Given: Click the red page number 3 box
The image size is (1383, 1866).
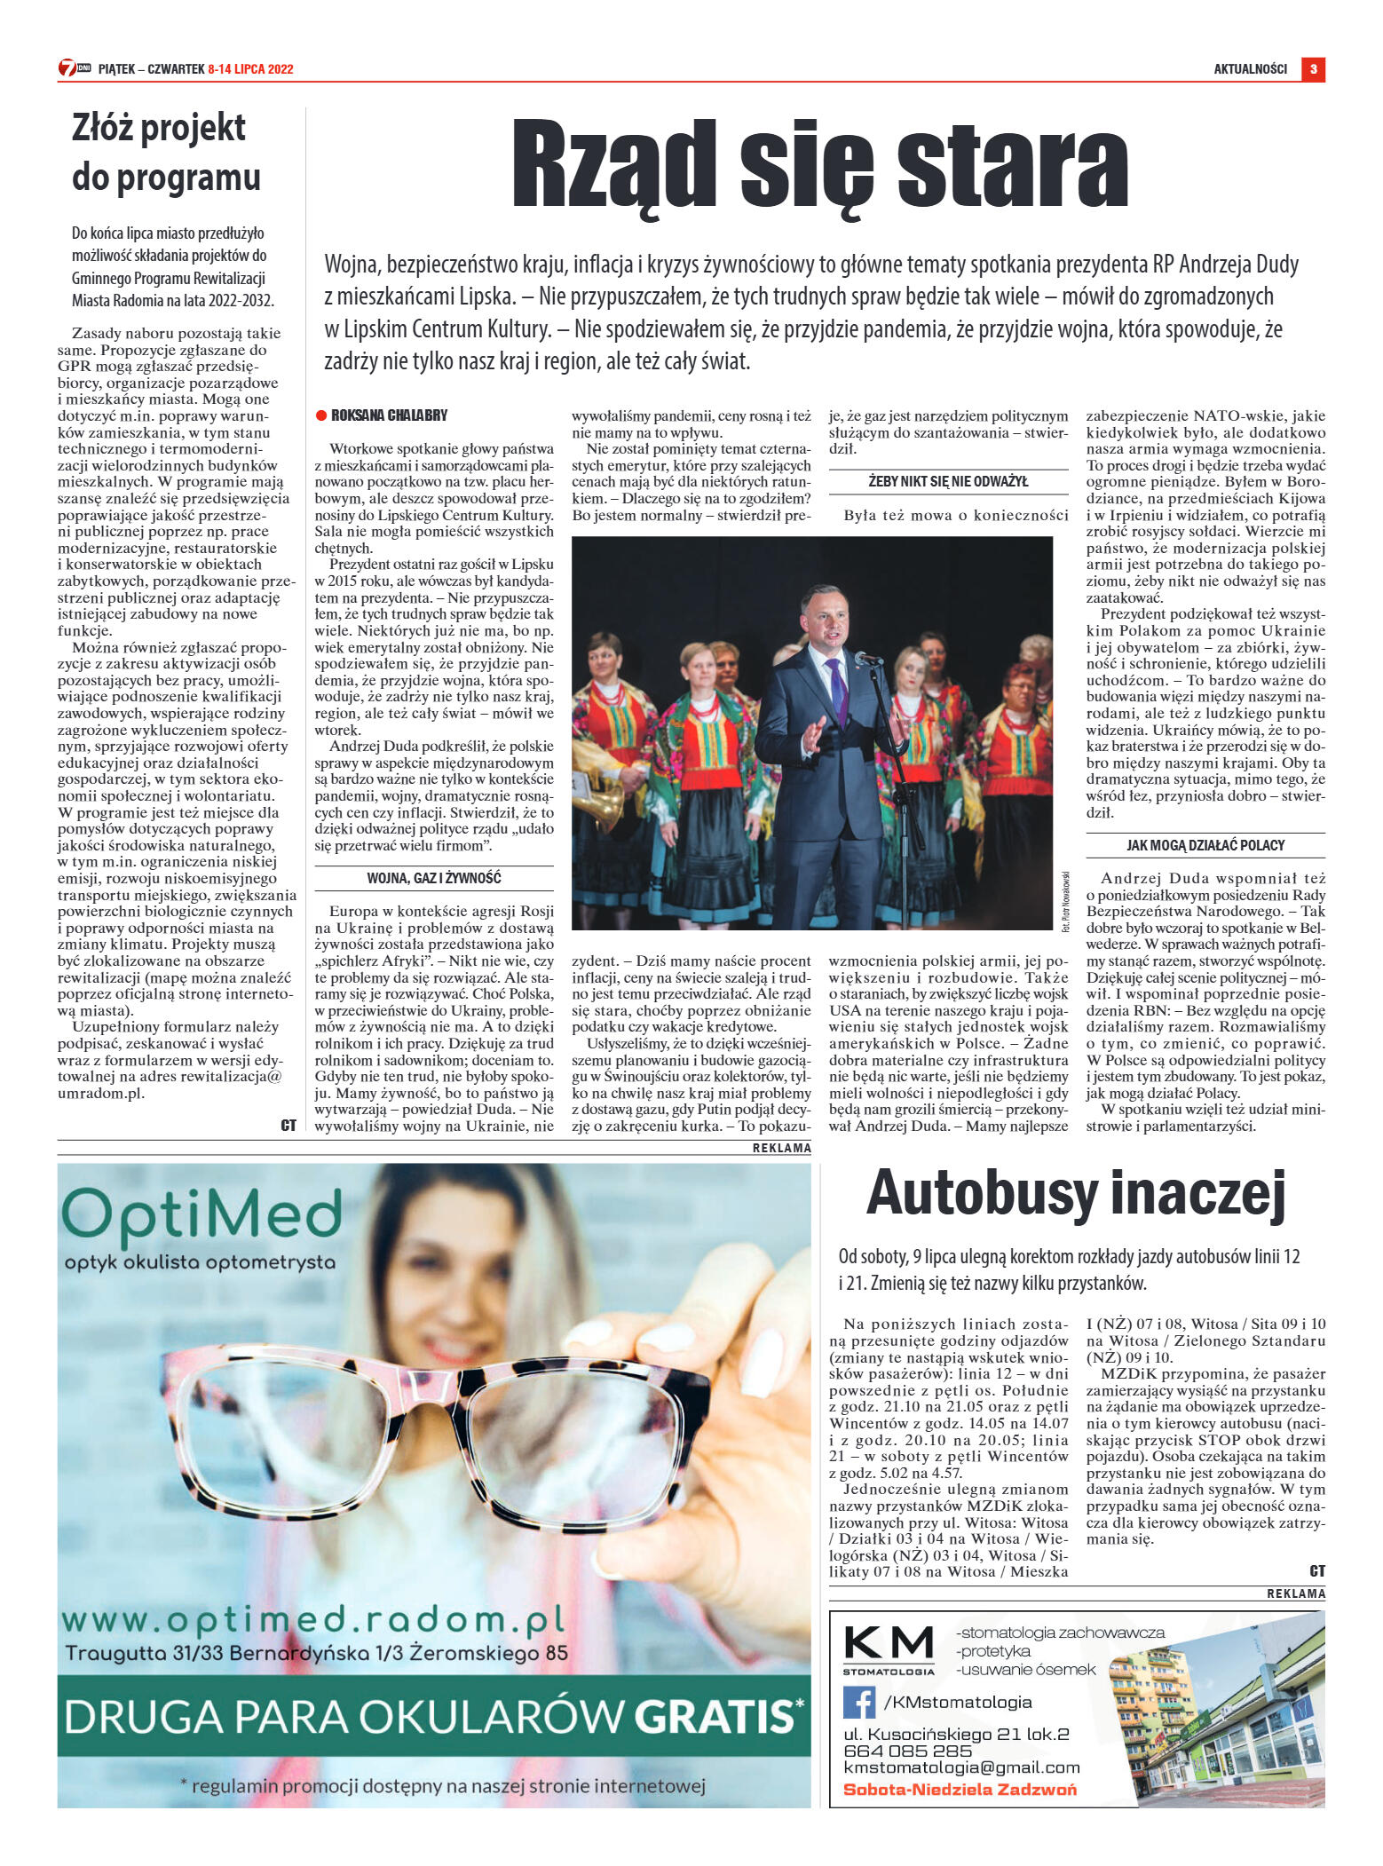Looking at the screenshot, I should coord(1313,68).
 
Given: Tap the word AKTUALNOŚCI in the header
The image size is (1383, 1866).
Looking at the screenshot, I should coord(1250,69).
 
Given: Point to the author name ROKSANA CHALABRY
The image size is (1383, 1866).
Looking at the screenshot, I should coord(389,415).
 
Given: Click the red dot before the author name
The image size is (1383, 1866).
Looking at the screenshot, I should coord(321,415).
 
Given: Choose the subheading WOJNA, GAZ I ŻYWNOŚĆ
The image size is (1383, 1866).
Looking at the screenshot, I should coord(434,878).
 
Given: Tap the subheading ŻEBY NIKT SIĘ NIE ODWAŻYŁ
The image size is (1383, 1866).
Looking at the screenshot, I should coord(948,481).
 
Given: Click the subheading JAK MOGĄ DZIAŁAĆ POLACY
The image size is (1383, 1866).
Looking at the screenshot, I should coord(1205,845).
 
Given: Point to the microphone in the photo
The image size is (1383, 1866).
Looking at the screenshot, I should coord(866,658).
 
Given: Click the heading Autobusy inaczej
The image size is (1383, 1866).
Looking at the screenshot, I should coord(1075,1193).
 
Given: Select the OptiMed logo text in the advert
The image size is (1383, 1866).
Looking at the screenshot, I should coord(202,1213).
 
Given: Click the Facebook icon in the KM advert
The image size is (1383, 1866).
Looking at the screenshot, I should coord(858,1702).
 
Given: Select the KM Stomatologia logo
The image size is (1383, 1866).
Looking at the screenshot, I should coord(889,1649).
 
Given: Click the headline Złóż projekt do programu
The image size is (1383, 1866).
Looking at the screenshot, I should coord(166,153).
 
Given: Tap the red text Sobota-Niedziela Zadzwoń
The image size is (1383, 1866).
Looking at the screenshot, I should coord(959,1789).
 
